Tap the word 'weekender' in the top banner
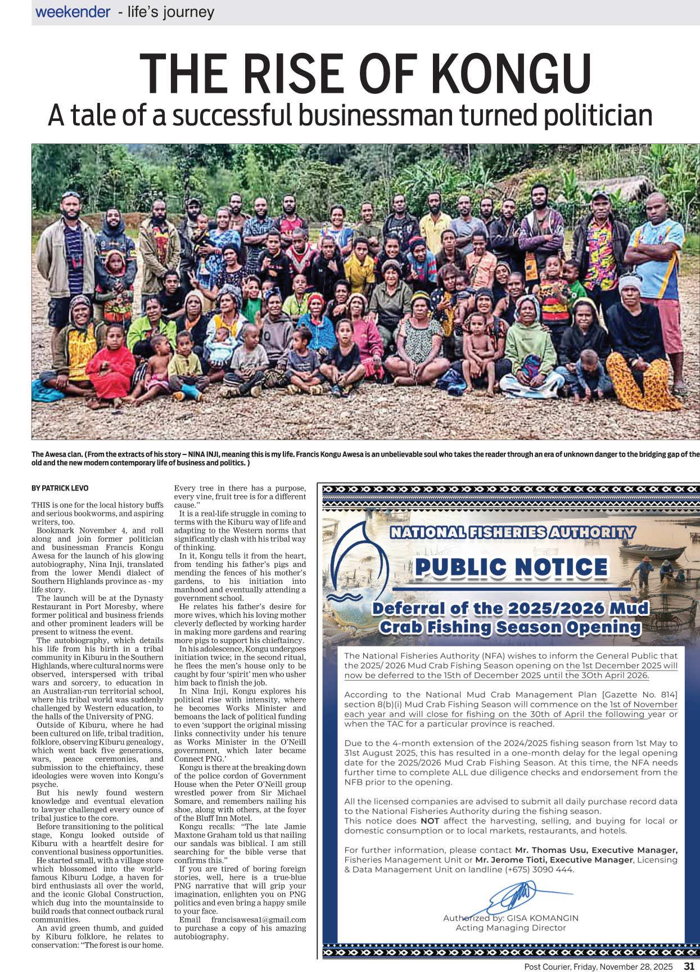73,12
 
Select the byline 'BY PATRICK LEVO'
60,488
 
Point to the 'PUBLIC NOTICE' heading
511,568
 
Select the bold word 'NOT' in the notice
430,821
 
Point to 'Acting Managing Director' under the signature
511,928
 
